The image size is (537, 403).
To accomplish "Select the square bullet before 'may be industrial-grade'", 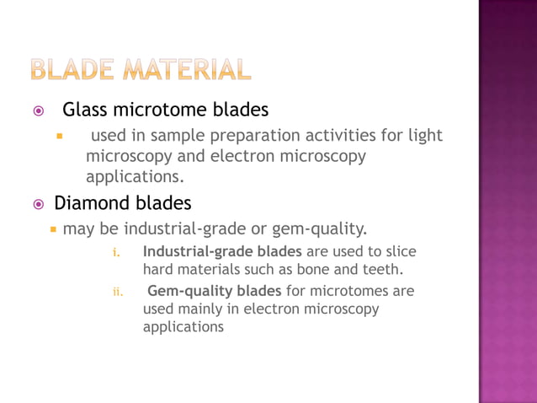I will pyautogui.click(x=52, y=228).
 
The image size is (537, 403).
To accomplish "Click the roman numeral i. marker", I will pyautogui.click(x=117, y=253).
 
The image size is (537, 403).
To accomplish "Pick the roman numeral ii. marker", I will pyautogui.click(x=118, y=292).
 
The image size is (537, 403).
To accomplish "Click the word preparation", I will pyautogui.click(x=243, y=136).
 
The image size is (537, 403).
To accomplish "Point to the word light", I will pyautogui.click(x=423, y=136).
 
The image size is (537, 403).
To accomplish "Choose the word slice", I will pyautogui.click(x=400, y=251).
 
